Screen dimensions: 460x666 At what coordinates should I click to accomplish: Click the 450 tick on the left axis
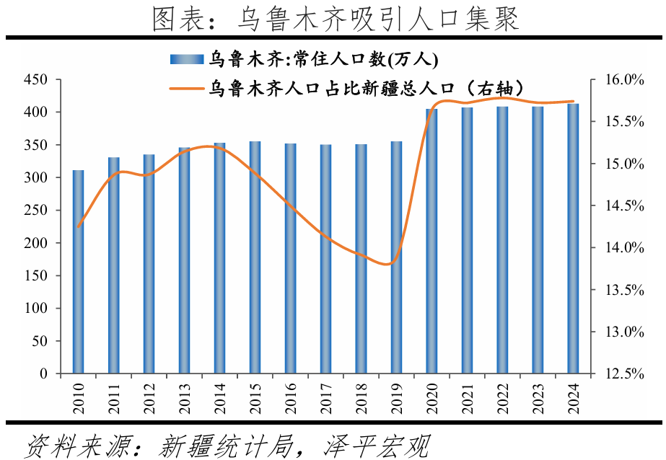[35, 80]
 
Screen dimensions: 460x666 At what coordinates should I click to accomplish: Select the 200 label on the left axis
[35, 243]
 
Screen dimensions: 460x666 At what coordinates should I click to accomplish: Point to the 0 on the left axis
[44, 374]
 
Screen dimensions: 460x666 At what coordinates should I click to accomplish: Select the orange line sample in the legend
[186, 88]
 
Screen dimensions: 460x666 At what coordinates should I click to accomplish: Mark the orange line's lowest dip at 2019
[388, 265]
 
